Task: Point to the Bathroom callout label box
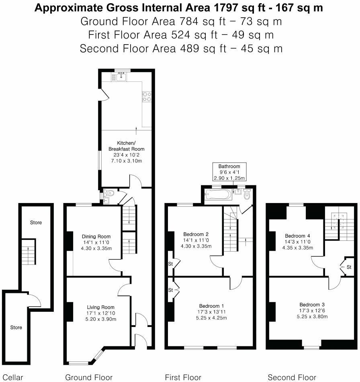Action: (229, 172)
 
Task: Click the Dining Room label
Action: (96, 236)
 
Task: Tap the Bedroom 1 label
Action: (211, 306)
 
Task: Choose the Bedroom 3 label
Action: (313, 304)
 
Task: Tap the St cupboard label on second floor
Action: (349, 267)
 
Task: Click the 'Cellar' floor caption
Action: (12, 377)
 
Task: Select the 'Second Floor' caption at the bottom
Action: (292, 377)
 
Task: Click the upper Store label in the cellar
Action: (36, 222)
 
